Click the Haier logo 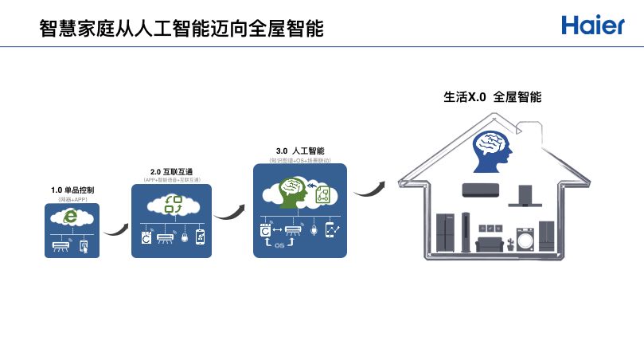(593, 25)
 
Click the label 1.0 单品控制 (72, 190)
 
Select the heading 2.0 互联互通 (172, 171)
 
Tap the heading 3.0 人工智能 (299, 151)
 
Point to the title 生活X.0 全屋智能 (492, 97)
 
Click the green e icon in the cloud (71, 217)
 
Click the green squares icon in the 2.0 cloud (172, 204)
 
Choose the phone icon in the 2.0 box (200, 237)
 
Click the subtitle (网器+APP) (72, 199)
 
